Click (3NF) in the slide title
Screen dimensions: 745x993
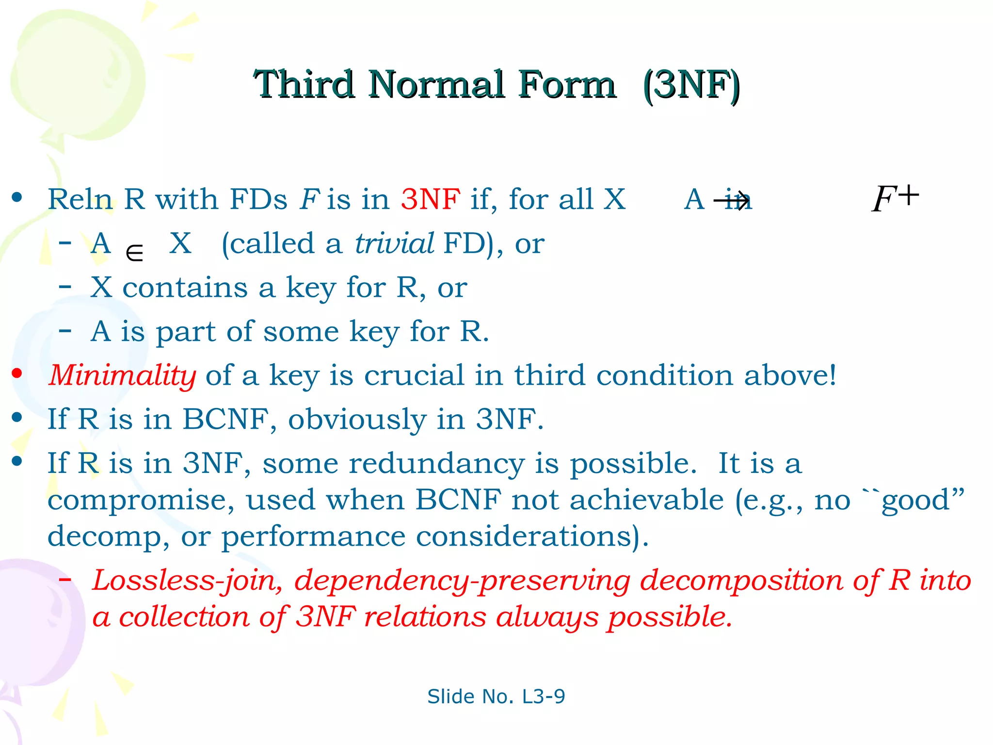click(691, 85)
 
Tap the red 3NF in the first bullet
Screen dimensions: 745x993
click(431, 199)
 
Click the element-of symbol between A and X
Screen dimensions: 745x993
click(134, 253)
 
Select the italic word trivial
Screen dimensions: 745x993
click(394, 243)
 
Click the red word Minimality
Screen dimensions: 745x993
click(122, 375)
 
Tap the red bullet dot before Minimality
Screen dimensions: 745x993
click(17, 373)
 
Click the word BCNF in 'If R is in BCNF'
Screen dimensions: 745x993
click(225, 419)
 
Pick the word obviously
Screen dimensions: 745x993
click(357, 420)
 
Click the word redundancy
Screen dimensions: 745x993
click(436, 464)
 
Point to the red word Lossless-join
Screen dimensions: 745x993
click(187, 581)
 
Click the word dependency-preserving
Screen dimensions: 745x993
click(462, 581)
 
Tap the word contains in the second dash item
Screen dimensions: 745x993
click(185, 288)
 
